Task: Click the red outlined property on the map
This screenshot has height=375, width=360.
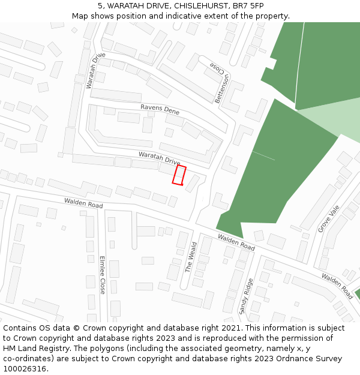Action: click(x=179, y=175)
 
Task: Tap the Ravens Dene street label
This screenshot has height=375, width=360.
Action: click(x=160, y=110)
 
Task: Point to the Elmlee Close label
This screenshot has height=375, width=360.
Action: click(x=102, y=275)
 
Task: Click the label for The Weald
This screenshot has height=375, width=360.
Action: click(x=191, y=257)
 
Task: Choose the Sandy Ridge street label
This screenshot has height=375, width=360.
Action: click(x=246, y=296)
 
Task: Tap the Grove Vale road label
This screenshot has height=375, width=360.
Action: click(x=329, y=219)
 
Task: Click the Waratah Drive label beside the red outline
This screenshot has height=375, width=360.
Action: click(x=159, y=158)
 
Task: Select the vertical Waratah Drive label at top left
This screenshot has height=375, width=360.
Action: click(x=95, y=71)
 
